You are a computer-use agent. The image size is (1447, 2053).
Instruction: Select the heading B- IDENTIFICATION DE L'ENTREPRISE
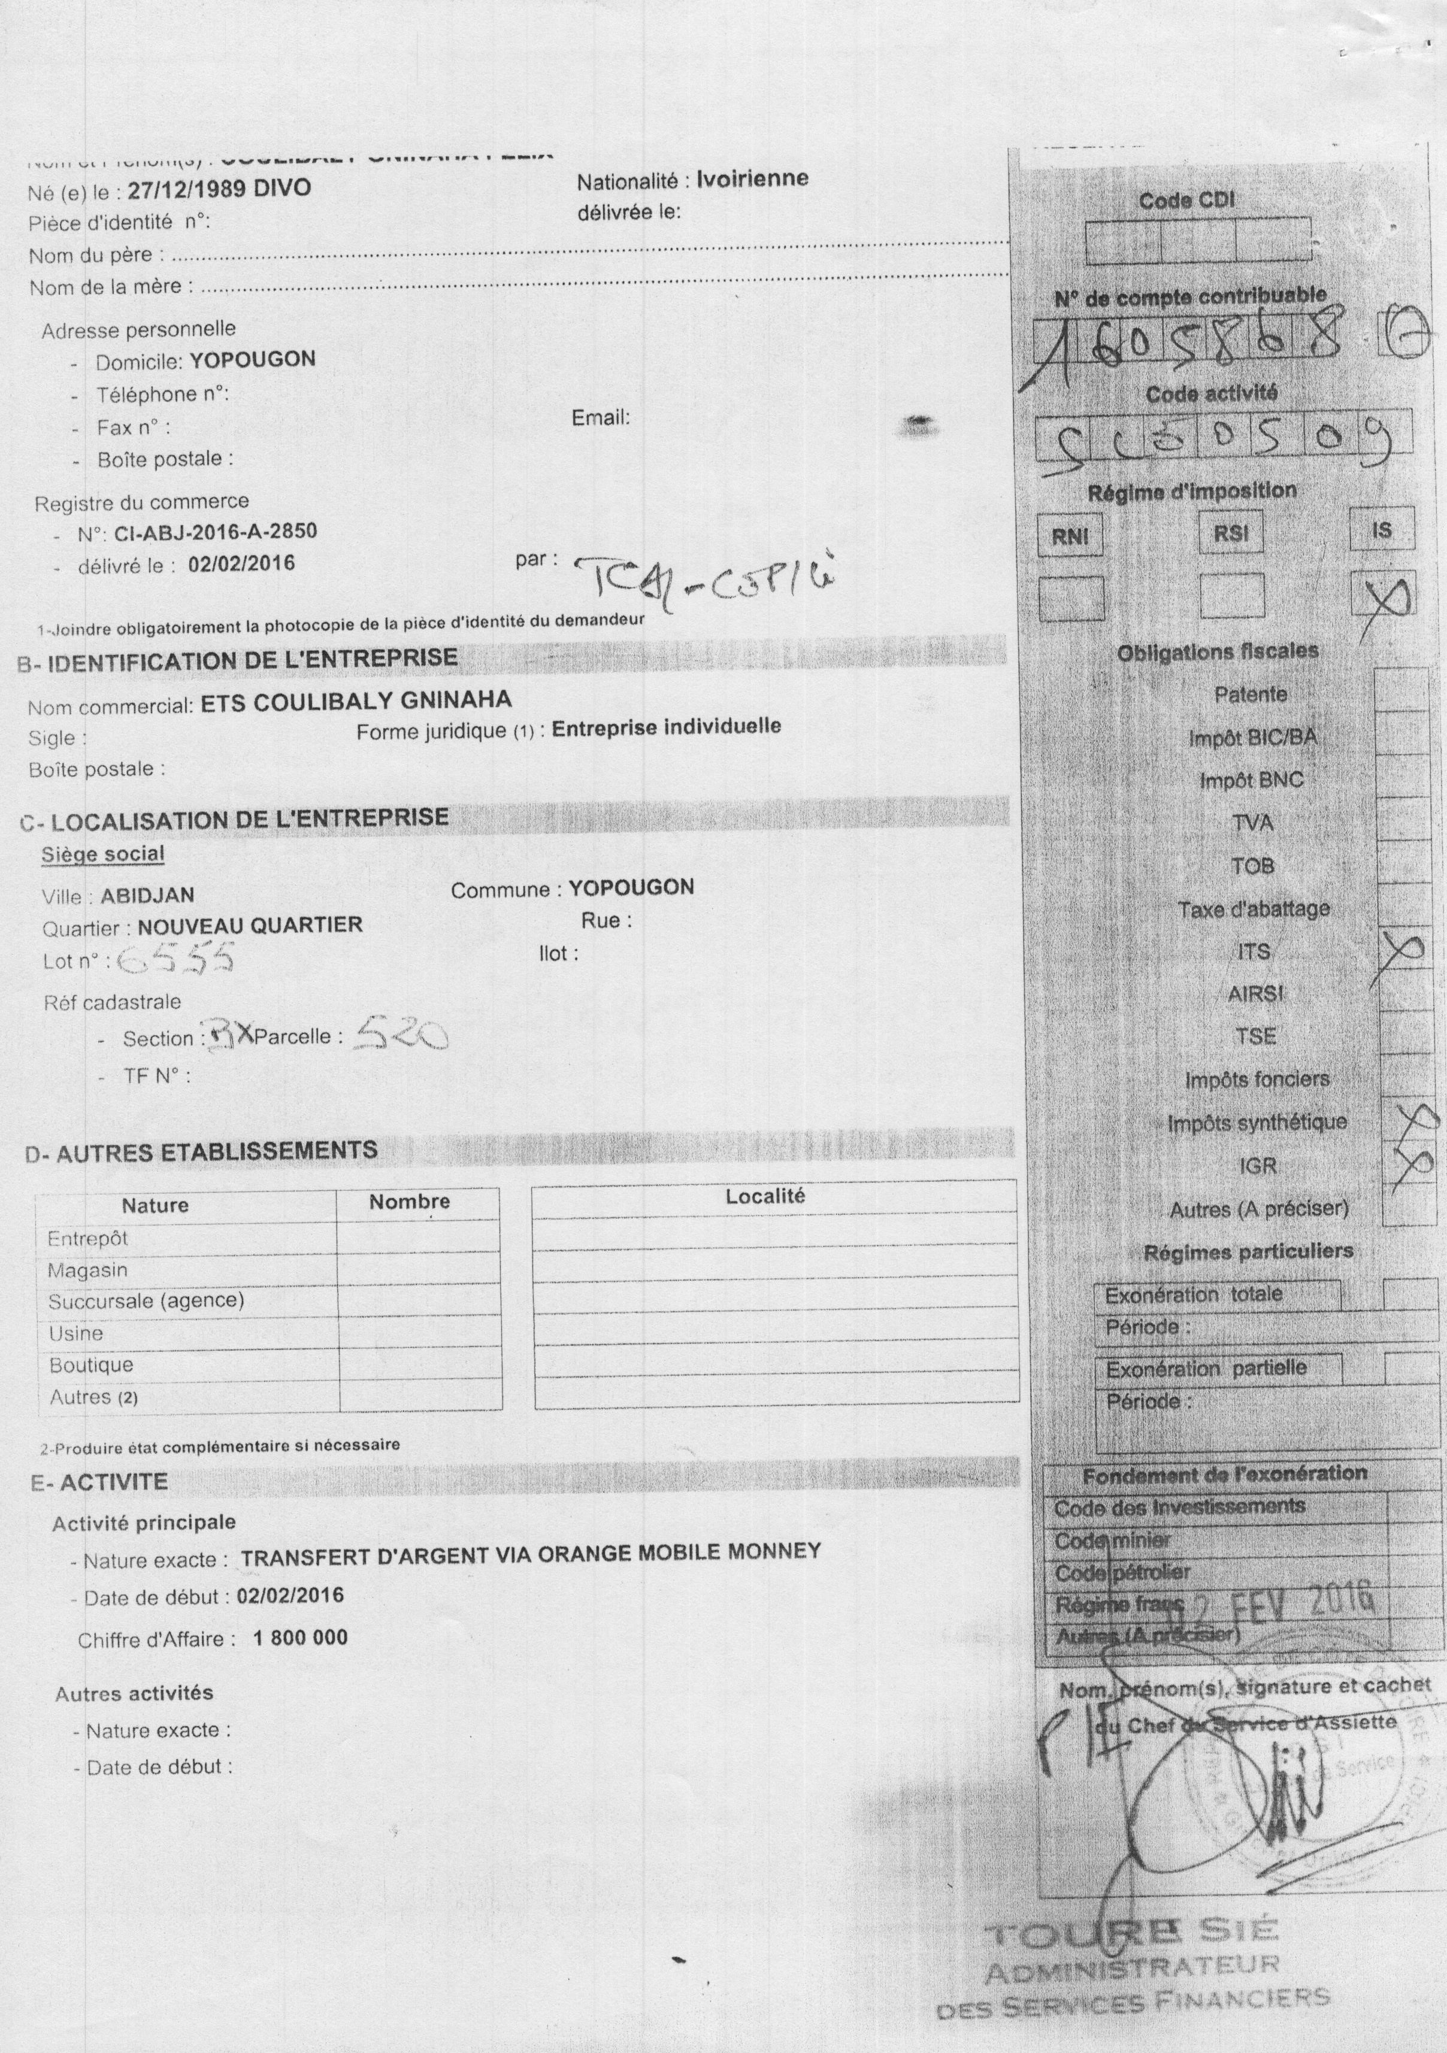[238, 661]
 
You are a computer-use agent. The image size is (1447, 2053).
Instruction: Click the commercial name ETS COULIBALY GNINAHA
[356, 702]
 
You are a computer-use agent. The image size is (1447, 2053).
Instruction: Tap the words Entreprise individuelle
[666, 727]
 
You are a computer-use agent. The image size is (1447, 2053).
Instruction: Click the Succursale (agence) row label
[146, 1300]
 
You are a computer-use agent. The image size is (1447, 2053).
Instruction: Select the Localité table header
[765, 1196]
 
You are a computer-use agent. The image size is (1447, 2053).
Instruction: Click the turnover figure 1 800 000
[301, 1637]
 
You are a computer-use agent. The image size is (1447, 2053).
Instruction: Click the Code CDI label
[1186, 201]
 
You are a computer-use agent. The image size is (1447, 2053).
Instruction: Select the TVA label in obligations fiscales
[1252, 823]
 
